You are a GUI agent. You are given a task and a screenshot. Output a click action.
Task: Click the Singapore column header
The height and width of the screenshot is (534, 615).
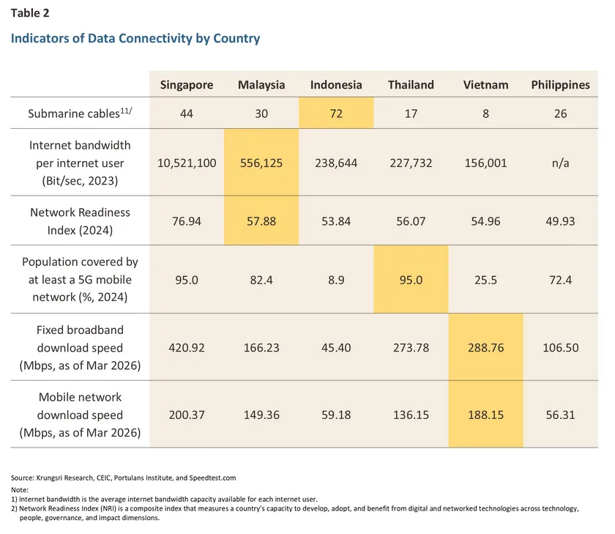(187, 85)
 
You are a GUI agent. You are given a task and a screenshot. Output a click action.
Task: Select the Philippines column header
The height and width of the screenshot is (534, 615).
(560, 85)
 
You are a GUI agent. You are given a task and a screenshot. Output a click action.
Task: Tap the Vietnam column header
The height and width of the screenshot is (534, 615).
(485, 85)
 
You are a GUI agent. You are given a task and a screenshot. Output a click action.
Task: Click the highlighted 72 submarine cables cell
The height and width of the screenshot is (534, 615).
(336, 114)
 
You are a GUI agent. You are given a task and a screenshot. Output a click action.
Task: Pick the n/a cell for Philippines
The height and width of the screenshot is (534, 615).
(560, 163)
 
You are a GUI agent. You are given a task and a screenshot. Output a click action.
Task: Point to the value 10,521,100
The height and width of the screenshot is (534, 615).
(187, 163)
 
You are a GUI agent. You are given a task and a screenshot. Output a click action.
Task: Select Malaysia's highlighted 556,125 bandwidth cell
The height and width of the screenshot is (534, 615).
(261, 163)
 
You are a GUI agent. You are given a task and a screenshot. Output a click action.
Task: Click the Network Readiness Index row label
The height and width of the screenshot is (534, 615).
(80, 220)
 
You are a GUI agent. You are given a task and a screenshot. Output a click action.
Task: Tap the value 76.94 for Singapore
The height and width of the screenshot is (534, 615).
(187, 220)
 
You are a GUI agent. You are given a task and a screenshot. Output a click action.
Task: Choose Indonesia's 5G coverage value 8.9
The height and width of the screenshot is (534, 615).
(336, 278)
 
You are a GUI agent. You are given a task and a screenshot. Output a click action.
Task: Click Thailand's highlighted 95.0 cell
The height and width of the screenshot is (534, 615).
(411, 278)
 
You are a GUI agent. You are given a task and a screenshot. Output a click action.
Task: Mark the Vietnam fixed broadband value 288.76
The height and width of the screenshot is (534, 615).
(485, 348)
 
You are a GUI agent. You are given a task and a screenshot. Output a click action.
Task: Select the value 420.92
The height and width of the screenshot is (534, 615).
(187, 348)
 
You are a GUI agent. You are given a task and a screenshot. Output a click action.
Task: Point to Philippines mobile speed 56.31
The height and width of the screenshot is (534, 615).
(560, 415)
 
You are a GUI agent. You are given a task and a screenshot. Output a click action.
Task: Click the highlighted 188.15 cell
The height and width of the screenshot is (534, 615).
(485, 415)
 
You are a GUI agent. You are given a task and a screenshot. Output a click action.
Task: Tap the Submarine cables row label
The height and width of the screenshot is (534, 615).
(80, 114)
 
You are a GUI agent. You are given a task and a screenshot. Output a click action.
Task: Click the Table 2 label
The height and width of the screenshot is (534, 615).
(30, 12)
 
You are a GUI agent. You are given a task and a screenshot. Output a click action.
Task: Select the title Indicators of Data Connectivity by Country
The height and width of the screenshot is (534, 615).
(135, 38)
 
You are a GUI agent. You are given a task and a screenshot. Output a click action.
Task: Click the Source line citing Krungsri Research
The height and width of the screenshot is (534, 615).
(123, 477)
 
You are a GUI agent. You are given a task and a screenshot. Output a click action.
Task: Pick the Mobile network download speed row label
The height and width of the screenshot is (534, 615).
(80, 415)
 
